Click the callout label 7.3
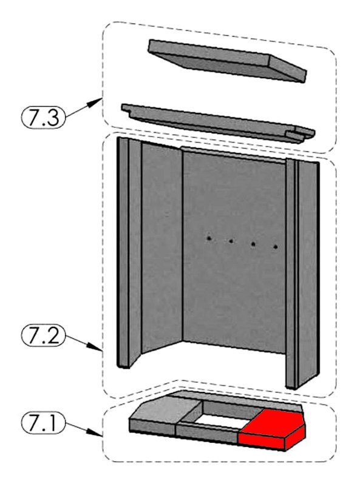(x=43, y=117)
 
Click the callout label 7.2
(x=43, y=335)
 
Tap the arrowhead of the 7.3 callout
(x=97, y=102)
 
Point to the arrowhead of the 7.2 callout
(x=97, y=348)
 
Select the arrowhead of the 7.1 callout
(x=97, y=434)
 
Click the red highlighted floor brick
(x=272, y=430)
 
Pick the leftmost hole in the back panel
(x=209, y=238)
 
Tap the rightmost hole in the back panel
(x=276, y=247)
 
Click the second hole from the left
(x=231, y=241)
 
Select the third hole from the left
(x=253, y=244)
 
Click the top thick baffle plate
(x=227, y=61)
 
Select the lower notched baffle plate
(x=218, y=123)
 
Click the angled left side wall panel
(x=161, y=247)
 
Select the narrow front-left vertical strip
(x=123, y=252)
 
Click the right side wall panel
(x=307, y=272)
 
